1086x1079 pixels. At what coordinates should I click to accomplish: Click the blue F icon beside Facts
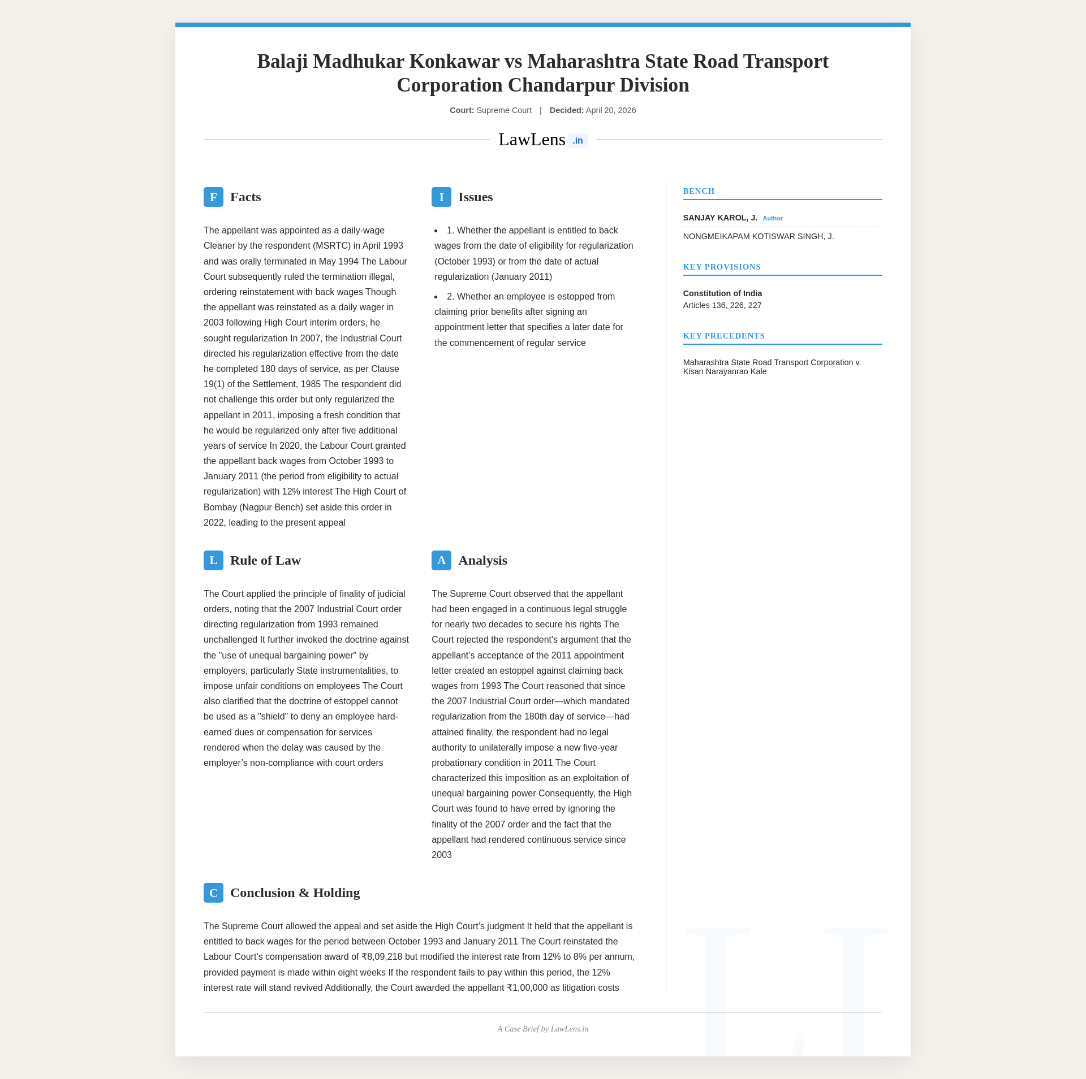213,197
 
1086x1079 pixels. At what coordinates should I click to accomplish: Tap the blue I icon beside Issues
441,197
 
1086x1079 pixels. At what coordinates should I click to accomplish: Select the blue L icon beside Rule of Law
213,561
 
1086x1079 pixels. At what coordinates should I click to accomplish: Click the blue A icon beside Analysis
441,561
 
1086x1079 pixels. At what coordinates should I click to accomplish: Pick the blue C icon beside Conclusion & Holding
213,893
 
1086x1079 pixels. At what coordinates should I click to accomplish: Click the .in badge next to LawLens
578,141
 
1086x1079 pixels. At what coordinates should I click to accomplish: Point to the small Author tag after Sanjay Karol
773,219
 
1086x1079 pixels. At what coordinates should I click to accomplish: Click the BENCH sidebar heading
699,192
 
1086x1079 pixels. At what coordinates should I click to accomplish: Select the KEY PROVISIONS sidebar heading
722,267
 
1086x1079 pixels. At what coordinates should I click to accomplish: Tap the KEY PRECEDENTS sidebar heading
723,336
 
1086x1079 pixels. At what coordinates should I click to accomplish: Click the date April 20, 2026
611,111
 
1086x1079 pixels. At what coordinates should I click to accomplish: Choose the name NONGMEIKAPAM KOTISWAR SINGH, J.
758,237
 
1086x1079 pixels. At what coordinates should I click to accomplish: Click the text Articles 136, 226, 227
722,306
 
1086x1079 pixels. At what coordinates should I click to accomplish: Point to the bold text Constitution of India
722,294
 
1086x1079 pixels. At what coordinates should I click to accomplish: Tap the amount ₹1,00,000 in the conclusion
528,989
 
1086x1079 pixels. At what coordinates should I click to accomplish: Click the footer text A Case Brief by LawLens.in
543,1029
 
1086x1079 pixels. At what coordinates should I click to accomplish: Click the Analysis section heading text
482,561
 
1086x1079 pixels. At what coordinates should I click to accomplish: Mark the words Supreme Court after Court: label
504,111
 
